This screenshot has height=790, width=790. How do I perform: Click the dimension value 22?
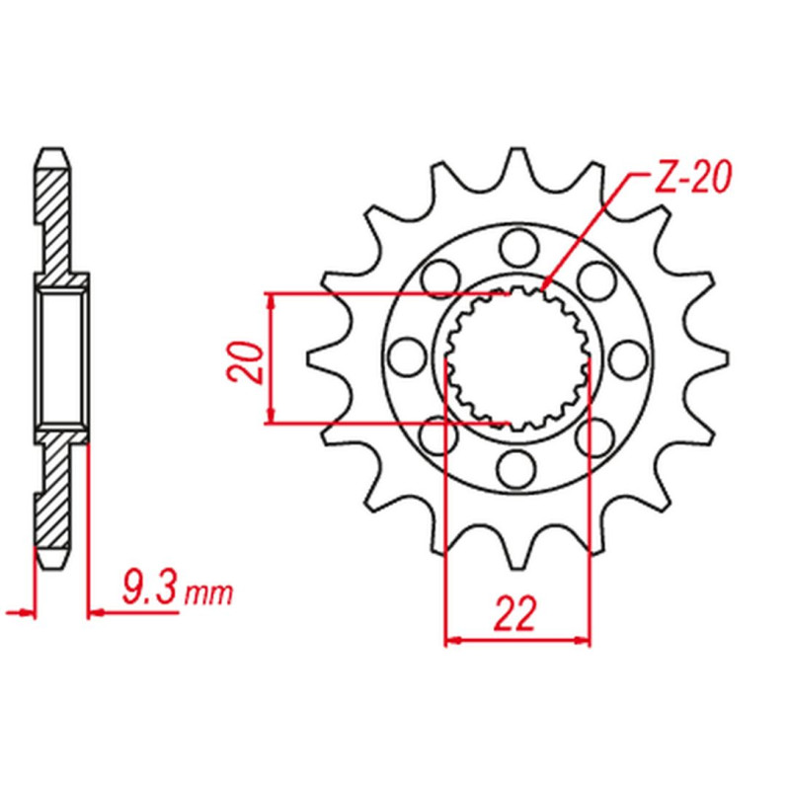coord(514,613)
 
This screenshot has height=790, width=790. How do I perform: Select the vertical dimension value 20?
coord(246,362)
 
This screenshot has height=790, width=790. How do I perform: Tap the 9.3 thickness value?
coord(150,588)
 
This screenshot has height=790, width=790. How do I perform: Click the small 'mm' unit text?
coord(208,594)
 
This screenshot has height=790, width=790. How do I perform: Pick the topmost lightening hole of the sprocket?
coord(519,246)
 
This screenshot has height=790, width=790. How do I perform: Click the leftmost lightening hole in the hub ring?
coord(408,356)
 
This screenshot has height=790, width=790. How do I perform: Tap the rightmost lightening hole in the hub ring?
coord(628,358)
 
